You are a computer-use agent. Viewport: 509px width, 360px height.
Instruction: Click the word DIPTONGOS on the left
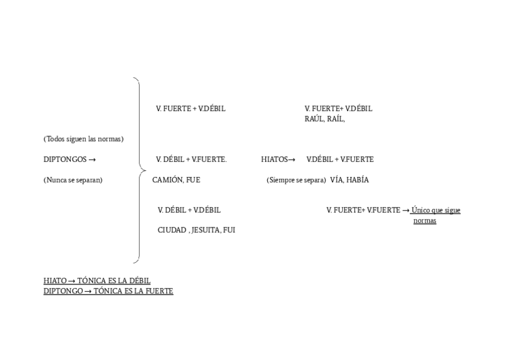pos(65,160)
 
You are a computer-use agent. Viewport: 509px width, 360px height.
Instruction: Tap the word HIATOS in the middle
pos(274,160)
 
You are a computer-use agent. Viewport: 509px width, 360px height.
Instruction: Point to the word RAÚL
pos(314,119)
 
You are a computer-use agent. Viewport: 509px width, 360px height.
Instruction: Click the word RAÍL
pos(336,119)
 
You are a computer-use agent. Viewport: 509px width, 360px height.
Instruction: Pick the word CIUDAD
pos(172,230)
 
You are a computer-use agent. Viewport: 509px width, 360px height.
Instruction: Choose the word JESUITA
pos(205,230)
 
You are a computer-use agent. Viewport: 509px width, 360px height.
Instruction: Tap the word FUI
pos(229,230)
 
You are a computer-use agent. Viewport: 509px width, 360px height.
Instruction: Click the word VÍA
pos(336,180)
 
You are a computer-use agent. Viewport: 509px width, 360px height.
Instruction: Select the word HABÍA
pos(358,180)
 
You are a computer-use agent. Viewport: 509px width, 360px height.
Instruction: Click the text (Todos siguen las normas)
pos(83,139)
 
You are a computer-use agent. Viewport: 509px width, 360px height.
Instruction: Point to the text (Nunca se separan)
pos(73,180)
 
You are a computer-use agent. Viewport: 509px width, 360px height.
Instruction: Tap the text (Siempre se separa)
pos(296,180)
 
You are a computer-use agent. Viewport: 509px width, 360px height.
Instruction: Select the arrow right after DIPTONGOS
pos(92,160)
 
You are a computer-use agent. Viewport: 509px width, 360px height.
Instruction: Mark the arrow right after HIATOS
pos(292,160)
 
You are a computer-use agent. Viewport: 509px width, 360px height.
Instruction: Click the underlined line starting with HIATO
pos(97,281)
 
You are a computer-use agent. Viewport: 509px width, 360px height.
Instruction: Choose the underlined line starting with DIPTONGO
pos(108,291)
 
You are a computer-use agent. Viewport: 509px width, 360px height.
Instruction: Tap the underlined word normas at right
pos(424,221)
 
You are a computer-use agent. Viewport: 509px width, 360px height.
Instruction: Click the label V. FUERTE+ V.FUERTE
pos(363,210)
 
